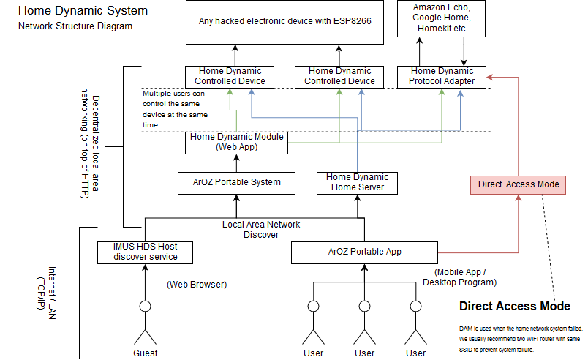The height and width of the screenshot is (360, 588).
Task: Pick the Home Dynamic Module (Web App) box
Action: tap(235, 142)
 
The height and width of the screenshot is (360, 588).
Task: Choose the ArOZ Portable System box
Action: tap(235, 182)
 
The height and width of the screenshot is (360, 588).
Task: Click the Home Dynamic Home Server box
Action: tap(357, 182)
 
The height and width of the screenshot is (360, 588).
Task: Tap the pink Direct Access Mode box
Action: tap(519, 184)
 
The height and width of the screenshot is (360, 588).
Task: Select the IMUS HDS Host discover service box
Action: tap(145, 252)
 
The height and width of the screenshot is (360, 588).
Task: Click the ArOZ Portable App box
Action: tap(364, 252)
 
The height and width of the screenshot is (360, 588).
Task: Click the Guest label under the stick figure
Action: tap(145, 353)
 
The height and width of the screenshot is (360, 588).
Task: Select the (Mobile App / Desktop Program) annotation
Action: tap(459, 277)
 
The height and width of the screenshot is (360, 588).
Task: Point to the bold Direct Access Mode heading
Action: tap(514, 306)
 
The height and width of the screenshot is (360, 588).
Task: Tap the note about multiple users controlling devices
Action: tap(175, 109)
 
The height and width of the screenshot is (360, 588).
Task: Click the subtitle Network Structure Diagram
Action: tap(75, 26)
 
